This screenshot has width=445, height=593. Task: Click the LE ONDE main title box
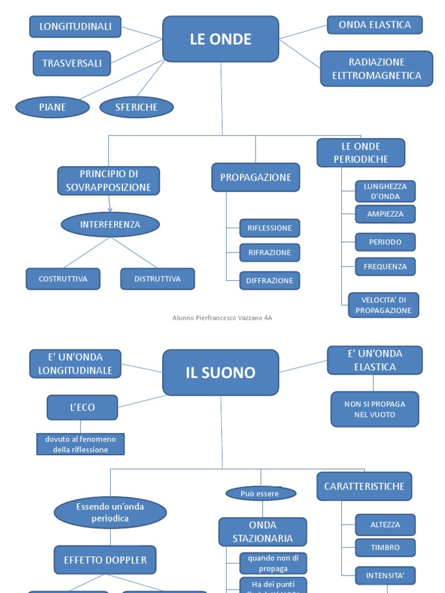[221, 39]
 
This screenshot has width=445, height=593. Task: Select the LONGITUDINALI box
[75, 27]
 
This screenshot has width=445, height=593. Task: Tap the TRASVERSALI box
[72, 63]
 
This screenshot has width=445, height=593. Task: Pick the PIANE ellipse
[53, 107]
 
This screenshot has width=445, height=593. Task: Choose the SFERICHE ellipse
[137, 107]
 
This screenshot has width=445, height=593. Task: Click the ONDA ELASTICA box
[375, 25]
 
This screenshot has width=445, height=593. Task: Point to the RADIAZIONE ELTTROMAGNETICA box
[377, 69]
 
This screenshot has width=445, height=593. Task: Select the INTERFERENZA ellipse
[110, 224]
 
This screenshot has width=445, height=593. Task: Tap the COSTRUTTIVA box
[63, 279]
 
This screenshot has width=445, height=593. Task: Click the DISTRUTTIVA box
[158, 279]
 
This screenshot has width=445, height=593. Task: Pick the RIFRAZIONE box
[270, 252]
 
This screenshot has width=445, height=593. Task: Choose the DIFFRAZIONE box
[270, 280]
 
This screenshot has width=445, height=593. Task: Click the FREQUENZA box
[385, 267]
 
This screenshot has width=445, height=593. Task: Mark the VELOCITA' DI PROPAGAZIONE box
[384, 305]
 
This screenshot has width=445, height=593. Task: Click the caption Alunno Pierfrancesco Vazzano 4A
[222, 318]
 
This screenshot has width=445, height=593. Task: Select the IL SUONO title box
[221, 372]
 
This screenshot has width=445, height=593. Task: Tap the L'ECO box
[82, 407]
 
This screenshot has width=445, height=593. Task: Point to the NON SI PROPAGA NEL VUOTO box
[375, 409]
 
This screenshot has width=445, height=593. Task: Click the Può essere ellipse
[261, 493]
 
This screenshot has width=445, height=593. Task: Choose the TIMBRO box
[385, 547]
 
